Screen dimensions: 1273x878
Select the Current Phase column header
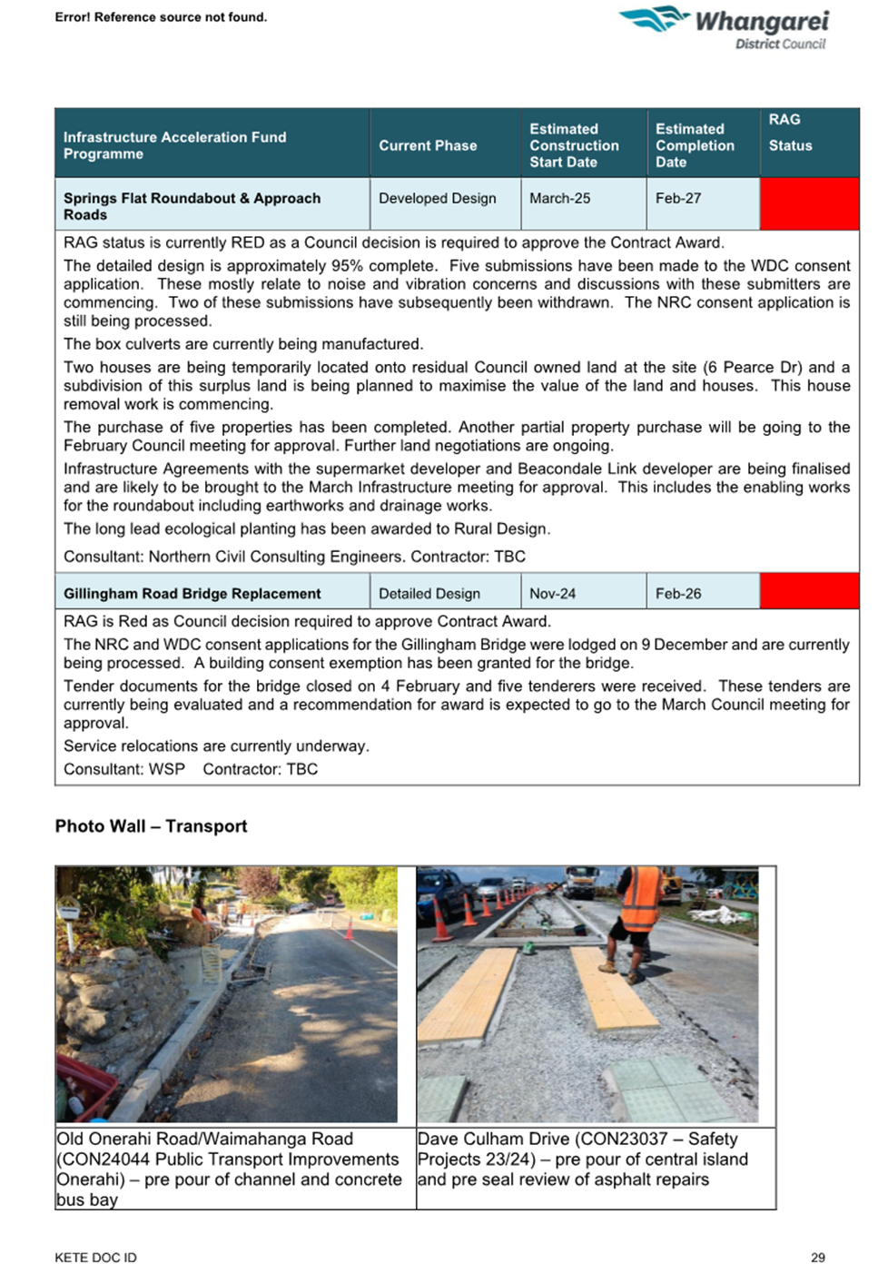coord(428,145)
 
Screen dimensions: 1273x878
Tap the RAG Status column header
coord(790,133)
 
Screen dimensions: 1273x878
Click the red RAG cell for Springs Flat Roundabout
coord(808,204)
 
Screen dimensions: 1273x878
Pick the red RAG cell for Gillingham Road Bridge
coord(808,592)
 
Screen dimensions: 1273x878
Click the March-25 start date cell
coord(559,198)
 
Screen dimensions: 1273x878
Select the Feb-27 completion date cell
coord(678,198)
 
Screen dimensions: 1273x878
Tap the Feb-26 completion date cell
coord(678,594)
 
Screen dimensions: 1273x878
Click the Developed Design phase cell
coord(437,198)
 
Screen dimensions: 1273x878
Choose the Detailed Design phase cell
coord(429,594)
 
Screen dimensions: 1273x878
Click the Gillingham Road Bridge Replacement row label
coord(192,594)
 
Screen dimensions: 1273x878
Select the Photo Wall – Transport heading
coord(151,826)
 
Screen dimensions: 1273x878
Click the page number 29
coord(817,1258)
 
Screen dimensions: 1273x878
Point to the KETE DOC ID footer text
coord(95,1258)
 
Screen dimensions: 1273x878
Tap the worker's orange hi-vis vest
coord(640,898)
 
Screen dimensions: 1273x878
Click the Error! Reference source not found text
coord(161,17)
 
